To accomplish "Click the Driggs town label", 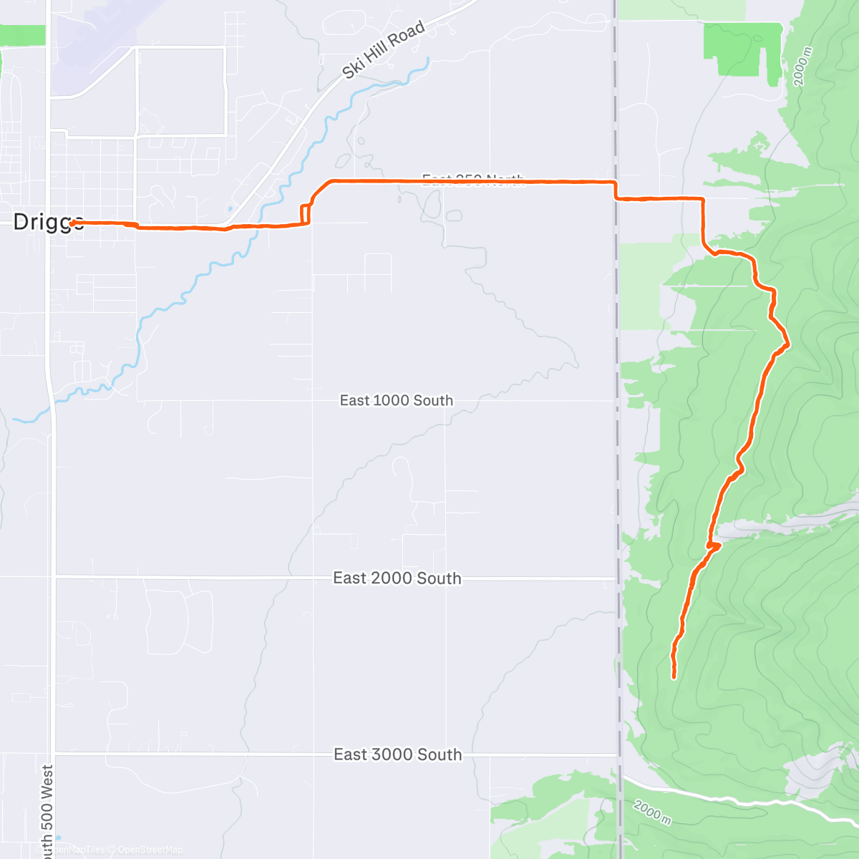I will [x=48, y=221].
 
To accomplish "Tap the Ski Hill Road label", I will [x=383, y=49].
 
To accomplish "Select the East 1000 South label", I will [x=397, y=400].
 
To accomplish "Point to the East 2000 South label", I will [x=397, y=578].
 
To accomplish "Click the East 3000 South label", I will [x=398, y=754].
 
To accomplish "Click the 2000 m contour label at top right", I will [x=804, y=67].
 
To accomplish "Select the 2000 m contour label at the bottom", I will [x=652, y=812].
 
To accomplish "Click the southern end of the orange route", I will [x=674, y=676].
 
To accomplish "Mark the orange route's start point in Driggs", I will [x=72, y=223].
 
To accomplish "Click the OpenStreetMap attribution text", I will [x=150, y=850].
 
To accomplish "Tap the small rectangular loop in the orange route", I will [x=304, y=215].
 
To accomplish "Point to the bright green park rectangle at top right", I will [x=741, y=49].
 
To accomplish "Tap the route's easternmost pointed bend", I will [x=788, y=344].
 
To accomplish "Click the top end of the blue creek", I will [x=428, y=59].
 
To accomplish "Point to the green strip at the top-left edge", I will [x=21, y=35].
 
